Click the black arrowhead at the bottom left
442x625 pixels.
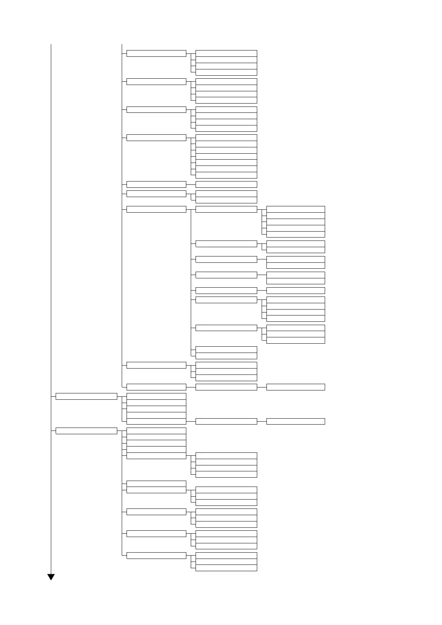click(51, 577)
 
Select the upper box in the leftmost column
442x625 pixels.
click(86, 396)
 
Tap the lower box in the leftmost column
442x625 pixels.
click(86, 431)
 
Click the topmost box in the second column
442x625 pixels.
click(156, 53)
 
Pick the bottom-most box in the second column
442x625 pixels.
click(156, 556)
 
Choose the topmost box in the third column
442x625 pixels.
click(226, 53)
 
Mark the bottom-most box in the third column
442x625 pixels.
click(226, 568)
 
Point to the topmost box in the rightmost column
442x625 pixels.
click(295, 209)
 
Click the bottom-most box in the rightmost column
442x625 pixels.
click(295, 422)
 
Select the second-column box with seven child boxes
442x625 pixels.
click(156, 138)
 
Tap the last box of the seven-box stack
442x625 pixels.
click(226, 175)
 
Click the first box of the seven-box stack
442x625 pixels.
click(226, 138)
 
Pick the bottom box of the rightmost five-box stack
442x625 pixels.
click(295, 234)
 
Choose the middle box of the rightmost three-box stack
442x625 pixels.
click(295, 334)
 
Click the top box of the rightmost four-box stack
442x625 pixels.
click(295, 300)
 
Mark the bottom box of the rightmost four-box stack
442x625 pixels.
click(295, 318)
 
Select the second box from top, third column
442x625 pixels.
click(226, 60)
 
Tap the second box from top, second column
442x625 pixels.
click(156, 82)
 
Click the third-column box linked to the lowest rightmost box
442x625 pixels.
click(226, 422)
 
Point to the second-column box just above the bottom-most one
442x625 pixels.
click(156, 534)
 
